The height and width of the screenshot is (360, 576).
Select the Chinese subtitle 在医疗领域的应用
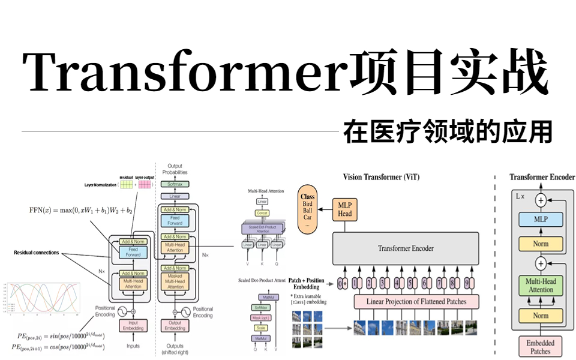(x=448, y=131)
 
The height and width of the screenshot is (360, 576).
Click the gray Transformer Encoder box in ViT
(x=406, y=248)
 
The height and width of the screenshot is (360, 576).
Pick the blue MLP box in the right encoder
(x=541, y=220)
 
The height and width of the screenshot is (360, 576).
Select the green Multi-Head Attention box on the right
(x=541, y=286)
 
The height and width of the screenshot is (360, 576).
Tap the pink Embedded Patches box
(x=541, y=347)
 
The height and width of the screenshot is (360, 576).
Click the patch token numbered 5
(x=411, y=283)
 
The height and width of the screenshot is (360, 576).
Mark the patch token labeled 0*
(x=343, y=283)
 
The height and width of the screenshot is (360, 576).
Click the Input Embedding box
(x=133, y=325)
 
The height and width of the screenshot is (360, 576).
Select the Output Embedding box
(x=175, y=325)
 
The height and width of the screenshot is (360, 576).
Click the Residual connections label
(x=37, y=253)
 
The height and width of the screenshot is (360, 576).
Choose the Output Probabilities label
(x=175, y=169)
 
